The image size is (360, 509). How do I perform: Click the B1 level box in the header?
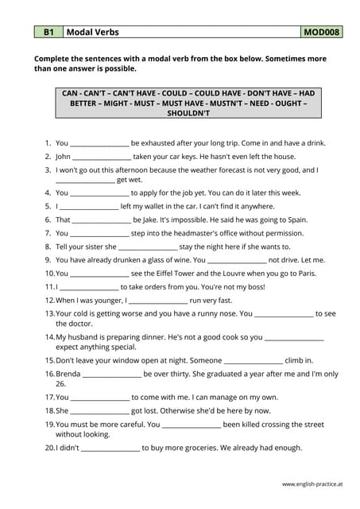click(x=48, y=33)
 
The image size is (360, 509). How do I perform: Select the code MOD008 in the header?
click(x=322, y=33)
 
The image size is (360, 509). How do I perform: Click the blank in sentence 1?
click(x=99, y=144)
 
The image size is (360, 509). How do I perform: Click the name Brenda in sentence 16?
click(x=68, y=374)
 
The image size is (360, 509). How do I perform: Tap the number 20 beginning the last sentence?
click(x=49, y=448)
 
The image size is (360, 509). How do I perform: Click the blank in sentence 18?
click(x=99, y=410)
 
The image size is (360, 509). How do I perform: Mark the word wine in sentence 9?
click(x=173, y=259)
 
